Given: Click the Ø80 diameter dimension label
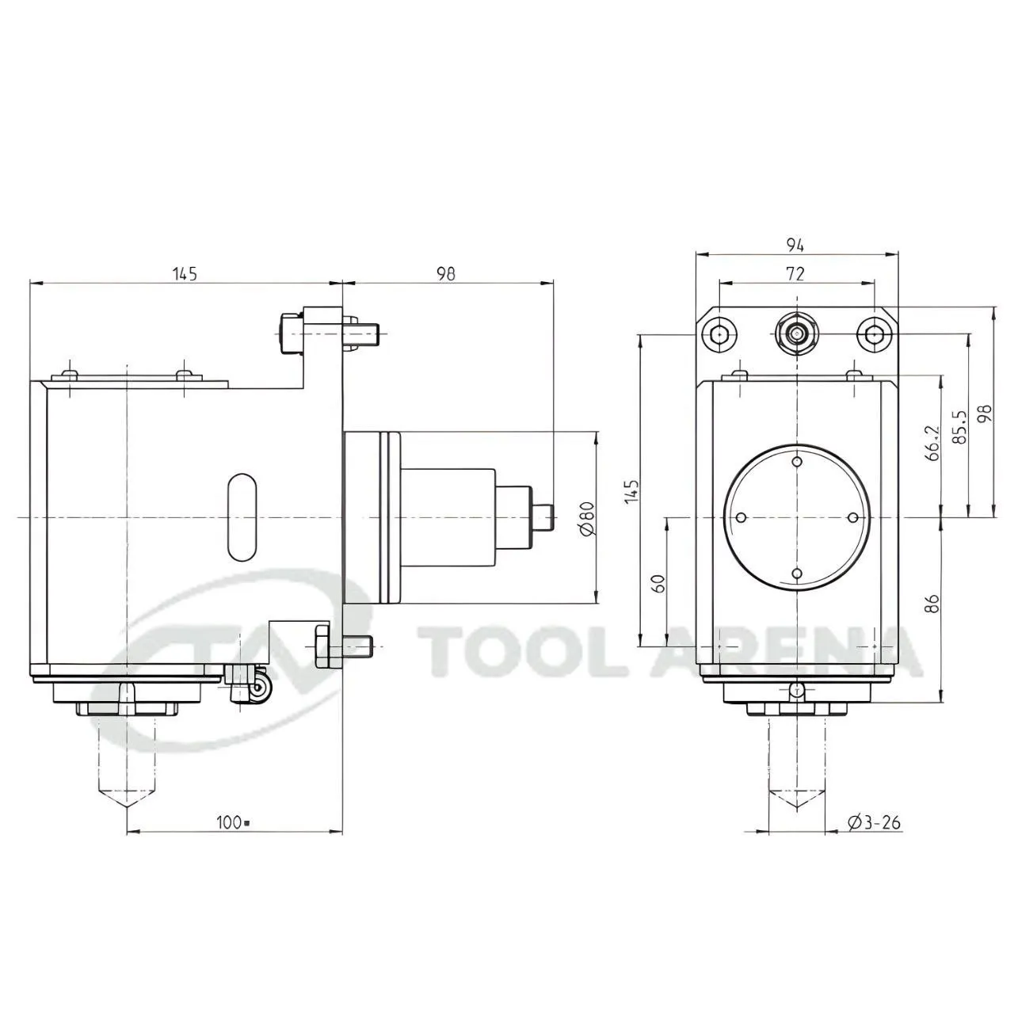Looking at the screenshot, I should (587, 518).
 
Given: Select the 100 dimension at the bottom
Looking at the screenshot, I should (231, 822).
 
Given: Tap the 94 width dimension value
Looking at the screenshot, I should (795, 245).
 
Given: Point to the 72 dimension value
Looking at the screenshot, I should (795, 273).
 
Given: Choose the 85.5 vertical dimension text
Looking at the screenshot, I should (962, 428).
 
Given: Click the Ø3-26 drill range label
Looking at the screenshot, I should (874, 823).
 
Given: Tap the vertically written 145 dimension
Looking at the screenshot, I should (631, 491).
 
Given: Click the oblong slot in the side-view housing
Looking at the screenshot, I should (241, 517).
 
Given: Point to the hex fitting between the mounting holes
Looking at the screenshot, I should (796, 334).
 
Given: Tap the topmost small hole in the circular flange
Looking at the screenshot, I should (797, 461).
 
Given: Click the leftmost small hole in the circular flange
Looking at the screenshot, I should (741, 517).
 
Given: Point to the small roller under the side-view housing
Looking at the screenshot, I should (258, 692).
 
